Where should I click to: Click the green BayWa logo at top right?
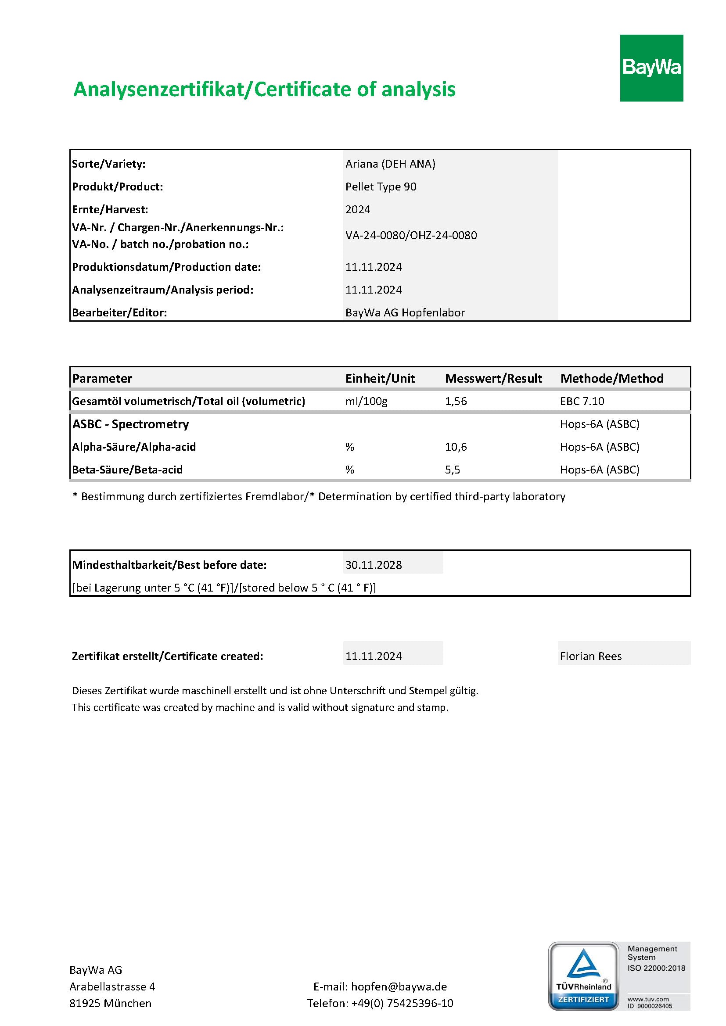point(651,68)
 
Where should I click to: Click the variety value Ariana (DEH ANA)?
point(390,164)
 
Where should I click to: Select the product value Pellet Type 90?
point(381,187)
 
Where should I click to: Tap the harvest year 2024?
point(358,210)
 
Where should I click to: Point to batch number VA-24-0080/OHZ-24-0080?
point(411,236)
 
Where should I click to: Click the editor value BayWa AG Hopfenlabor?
point(405,313)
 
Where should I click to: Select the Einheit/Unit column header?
point(380,378)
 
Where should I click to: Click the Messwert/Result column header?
point(493,378)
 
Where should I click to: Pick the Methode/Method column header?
point(612,378)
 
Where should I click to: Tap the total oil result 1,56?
point(456,401)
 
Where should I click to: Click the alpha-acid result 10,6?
point(456,447)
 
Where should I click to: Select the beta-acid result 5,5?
point(453,470)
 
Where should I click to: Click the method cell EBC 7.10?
point(582,401)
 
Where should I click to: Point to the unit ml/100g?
point(366,401)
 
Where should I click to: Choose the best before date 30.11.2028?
point(374,565)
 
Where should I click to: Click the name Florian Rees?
point(590,656)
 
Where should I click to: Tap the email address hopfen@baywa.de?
point(399,987)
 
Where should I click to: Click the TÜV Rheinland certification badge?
point(583,976)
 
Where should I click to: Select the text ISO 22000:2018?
point(656,968)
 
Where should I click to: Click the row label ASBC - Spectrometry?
point(130,424)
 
